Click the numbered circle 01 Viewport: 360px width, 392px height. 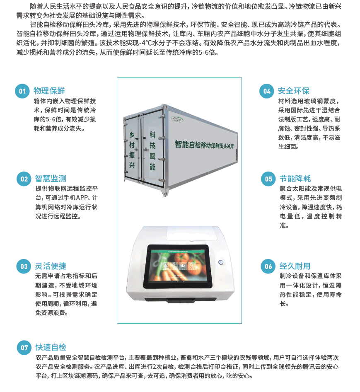[22, 91]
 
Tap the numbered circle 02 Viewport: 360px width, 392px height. [24, 179]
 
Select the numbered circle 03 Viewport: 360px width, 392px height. [24, 266]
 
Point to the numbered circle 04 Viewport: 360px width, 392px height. [267, 91]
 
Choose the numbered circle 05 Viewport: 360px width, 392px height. [268, 179]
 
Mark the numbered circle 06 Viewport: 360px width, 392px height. [268, 266]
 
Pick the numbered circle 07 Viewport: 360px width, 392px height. [24, 348]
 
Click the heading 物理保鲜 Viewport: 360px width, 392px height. [49, 91]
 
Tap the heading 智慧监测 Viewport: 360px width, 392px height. [51, 179]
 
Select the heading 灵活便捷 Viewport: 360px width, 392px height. [51, 266]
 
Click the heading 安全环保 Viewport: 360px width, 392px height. [294, 91]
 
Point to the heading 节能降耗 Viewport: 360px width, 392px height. [295, 179]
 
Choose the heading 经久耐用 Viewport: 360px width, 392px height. [295, 266]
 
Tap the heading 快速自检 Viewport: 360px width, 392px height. [51, 347]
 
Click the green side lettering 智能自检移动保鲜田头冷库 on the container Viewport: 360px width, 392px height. [204, 145]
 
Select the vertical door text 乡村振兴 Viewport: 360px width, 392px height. [132, 150]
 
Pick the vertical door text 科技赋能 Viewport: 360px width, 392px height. [152, 151]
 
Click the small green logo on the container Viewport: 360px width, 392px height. [177, 119]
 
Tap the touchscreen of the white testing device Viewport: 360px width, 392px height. [177, 266]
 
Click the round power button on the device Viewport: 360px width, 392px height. [220, 262]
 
